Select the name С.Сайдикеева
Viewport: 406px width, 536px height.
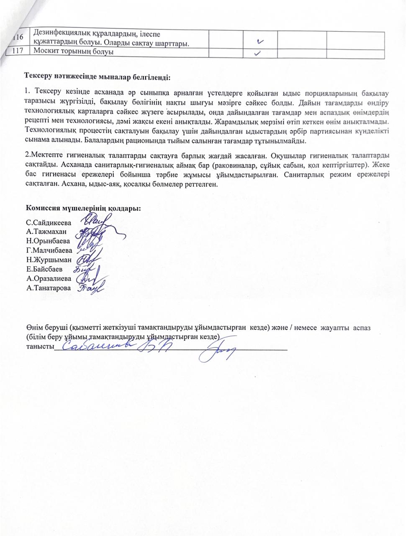pyautogui.click(x=49, y=223)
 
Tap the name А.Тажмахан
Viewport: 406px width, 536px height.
pyautogui.click(x=46, y=232)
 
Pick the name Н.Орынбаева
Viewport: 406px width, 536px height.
pyautogui.click(x=48, y=241)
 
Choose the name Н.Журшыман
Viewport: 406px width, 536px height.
pyautogui.click(x=48, y=260)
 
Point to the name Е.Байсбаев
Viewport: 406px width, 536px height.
pyautogui.click(x=44, y=269)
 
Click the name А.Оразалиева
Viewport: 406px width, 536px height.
pyautogui.click(x=48, y=278)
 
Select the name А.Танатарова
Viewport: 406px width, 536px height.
pyautogui.click(x=48, y=288)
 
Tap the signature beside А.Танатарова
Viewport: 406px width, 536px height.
pyautogui.click(x=89, y=288)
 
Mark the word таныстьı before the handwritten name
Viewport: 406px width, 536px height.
pyautogui.click(x=40, y=347)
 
